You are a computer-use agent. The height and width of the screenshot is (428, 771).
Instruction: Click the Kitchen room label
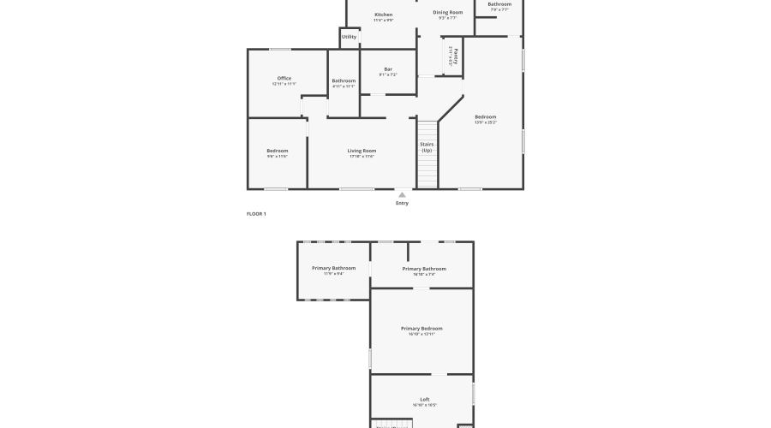coord(384,15)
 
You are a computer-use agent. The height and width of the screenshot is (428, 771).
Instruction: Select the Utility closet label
coord(350,37)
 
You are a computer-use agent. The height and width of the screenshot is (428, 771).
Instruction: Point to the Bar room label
coord(388,69)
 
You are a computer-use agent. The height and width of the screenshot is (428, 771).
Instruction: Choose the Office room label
coord(284,79)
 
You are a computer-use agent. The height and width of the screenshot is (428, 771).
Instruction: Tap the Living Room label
coord(362,151)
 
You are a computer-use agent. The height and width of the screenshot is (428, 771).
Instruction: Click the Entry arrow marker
coord(402,194)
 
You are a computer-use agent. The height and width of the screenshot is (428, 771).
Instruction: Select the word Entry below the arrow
coord(402,203)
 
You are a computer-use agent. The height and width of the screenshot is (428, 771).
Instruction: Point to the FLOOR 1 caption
coord(256,213)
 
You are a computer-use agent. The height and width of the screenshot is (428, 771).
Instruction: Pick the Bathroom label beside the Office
coord(344,80)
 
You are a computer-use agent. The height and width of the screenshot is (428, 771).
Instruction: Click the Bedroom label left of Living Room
coord(277,151)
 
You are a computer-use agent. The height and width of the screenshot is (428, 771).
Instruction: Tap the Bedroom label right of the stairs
coord(486,116)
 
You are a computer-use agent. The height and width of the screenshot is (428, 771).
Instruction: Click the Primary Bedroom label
coord(422,329)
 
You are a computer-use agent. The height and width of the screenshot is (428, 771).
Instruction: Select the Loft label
coord(425,399)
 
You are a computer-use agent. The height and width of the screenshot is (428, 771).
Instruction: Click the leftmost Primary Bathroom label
coord(333,268)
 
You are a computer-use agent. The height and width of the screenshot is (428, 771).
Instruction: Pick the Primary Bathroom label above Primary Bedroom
coord(424,269)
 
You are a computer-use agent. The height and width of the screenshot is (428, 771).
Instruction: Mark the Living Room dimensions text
coord(362,157)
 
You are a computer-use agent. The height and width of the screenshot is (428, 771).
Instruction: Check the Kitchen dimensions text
coord(384,20)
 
